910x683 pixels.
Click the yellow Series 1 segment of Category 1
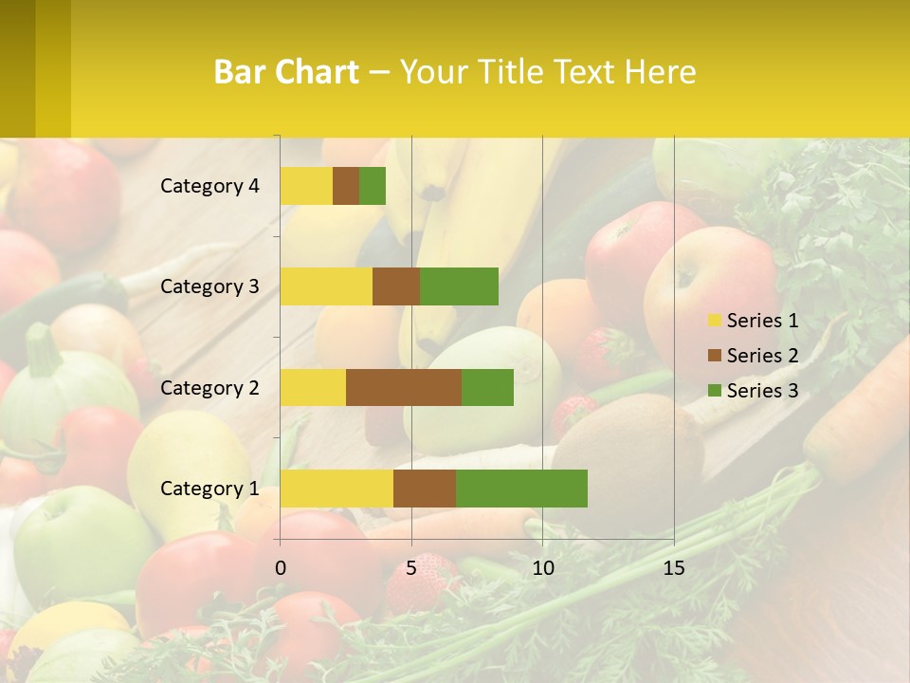337,489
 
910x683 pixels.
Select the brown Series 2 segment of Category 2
404,387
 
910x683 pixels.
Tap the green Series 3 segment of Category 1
521,489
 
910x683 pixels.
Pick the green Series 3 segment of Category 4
373,186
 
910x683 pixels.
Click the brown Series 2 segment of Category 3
396,286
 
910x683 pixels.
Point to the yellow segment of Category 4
306,186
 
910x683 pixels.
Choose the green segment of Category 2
487,387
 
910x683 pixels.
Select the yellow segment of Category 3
326,286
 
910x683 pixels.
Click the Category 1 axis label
209,489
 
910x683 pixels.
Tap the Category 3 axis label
209,286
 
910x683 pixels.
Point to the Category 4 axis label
209,186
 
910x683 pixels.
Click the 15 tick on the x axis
673,568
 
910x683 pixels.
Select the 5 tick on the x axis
411,568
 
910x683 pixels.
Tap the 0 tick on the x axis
280,568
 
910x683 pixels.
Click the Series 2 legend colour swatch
715,356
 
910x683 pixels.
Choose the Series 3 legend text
762,391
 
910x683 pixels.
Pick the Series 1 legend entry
753,321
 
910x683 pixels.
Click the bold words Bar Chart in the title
286,72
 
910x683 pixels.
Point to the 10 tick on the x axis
542,568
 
